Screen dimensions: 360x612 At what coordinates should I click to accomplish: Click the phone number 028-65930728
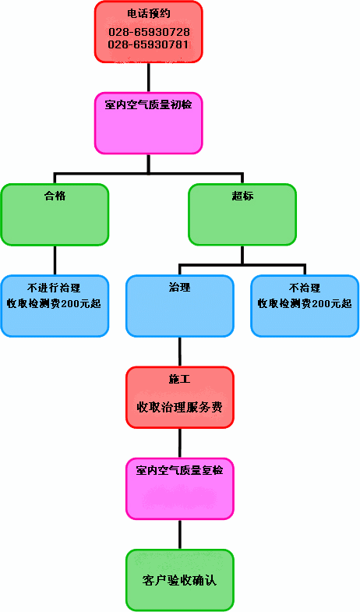[x=149, y=32]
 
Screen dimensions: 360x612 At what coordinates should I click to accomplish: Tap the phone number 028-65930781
[x=149, y=44]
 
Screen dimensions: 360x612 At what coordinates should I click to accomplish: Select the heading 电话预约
[x=149, y=14]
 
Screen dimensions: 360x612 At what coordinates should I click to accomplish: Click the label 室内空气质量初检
[x=148, y=104]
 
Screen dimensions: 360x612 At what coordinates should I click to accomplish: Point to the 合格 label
[x=55, y=196]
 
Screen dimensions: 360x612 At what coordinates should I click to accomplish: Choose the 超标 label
[x=242, y=196]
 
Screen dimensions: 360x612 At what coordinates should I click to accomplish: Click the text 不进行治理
[x=54, y=288]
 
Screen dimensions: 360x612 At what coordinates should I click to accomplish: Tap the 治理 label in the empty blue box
[x=180, y=288]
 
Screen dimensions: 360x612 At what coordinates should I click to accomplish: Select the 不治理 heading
[x=305, y=288]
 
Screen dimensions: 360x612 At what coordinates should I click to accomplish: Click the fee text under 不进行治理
[x=54, y=303]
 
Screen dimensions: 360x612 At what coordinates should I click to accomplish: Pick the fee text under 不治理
[x=305, y=303]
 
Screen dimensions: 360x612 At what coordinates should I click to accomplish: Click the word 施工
[x=180, y=380]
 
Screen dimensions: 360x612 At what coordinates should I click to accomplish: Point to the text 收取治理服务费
[x=179, y=408]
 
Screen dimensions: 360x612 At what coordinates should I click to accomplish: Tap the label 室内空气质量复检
[x=179, y=470]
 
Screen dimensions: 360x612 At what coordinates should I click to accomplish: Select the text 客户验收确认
[x=179, y=580]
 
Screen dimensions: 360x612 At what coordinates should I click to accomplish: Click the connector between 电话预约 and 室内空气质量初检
[x=149, y=77]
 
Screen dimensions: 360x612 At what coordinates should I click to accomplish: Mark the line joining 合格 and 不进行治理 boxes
[x=55, y=260]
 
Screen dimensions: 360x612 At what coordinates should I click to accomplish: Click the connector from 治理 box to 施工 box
[x=180, y=352]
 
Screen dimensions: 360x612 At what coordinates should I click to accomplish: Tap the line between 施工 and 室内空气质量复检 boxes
[x=180, y=443]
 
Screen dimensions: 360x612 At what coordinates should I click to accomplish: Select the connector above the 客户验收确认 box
[x=180, y=535]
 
